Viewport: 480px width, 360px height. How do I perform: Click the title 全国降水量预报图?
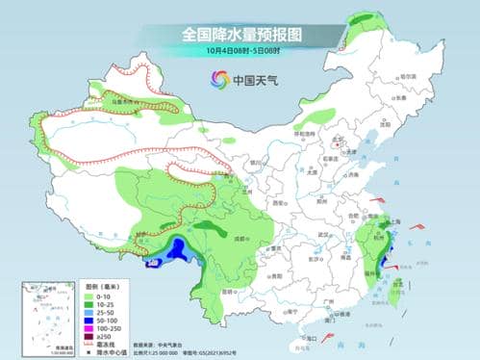point(240,34)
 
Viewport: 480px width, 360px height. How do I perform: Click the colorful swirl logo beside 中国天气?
point(215,80)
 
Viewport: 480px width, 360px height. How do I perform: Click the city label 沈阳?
point(386,124)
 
